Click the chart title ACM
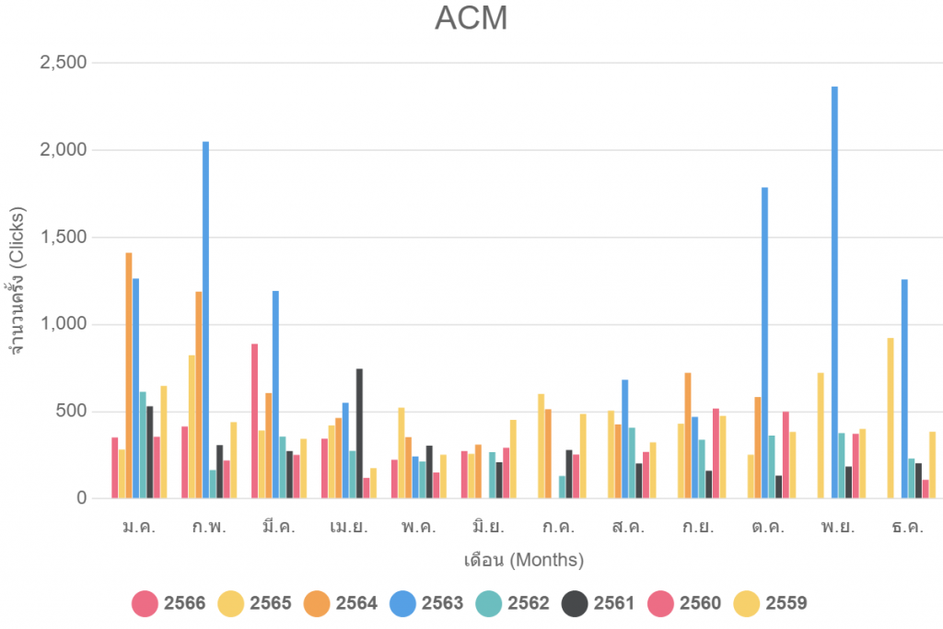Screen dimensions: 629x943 tap(471, 17)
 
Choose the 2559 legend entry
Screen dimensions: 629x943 tap(772, 604)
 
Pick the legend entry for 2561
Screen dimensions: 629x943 tap(600, 604)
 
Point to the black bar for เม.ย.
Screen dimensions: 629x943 tap(359, 433)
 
